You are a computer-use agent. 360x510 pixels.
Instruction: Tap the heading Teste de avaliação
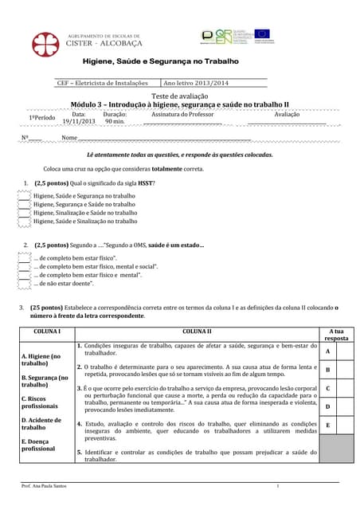pos(180,96)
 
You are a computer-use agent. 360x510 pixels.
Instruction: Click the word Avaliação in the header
pos(287,114)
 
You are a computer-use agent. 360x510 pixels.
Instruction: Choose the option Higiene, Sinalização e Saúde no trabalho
pos(85,213)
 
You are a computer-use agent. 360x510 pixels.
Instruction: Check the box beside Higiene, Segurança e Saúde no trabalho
pos(23,204)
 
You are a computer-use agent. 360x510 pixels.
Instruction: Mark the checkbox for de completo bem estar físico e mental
pos(23,274)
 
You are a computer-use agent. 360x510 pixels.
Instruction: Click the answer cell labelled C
pos(327,389)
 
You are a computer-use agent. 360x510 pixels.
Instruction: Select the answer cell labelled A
pos(327,351)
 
